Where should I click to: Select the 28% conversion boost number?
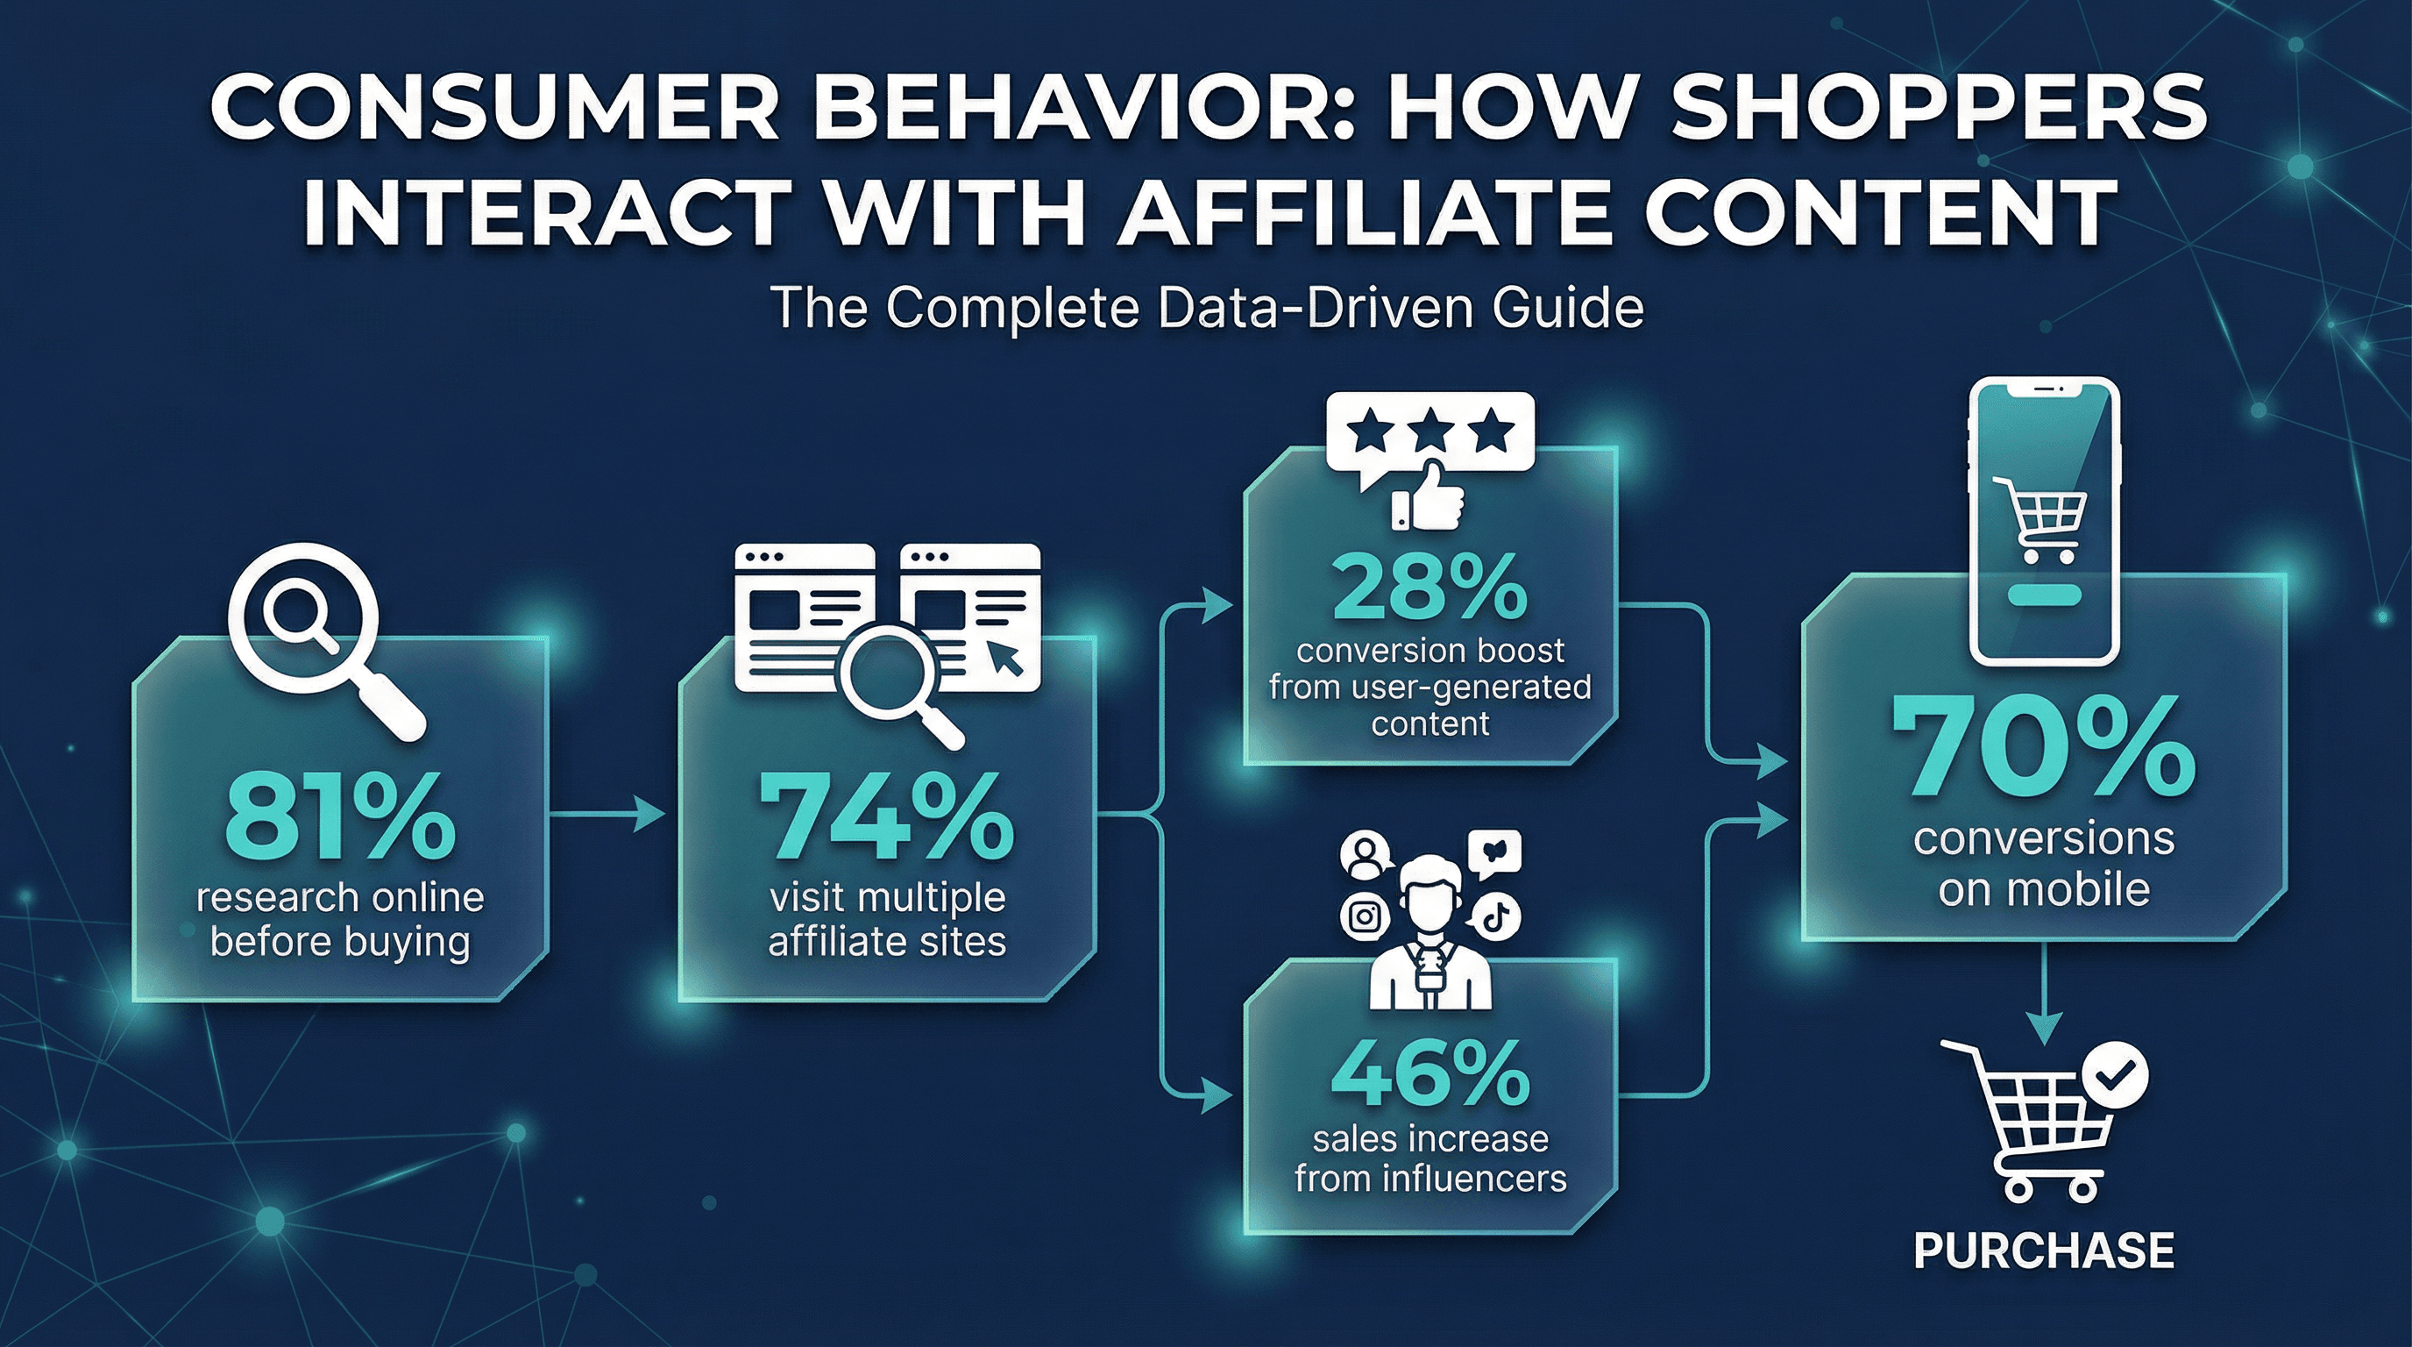pos(1429,589)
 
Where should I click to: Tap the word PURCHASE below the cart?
pos(2043,1251)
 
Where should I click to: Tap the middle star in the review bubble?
pos(1430,432)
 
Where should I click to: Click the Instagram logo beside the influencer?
pos(1365,916)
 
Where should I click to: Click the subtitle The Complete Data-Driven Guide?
pos(1206,308)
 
